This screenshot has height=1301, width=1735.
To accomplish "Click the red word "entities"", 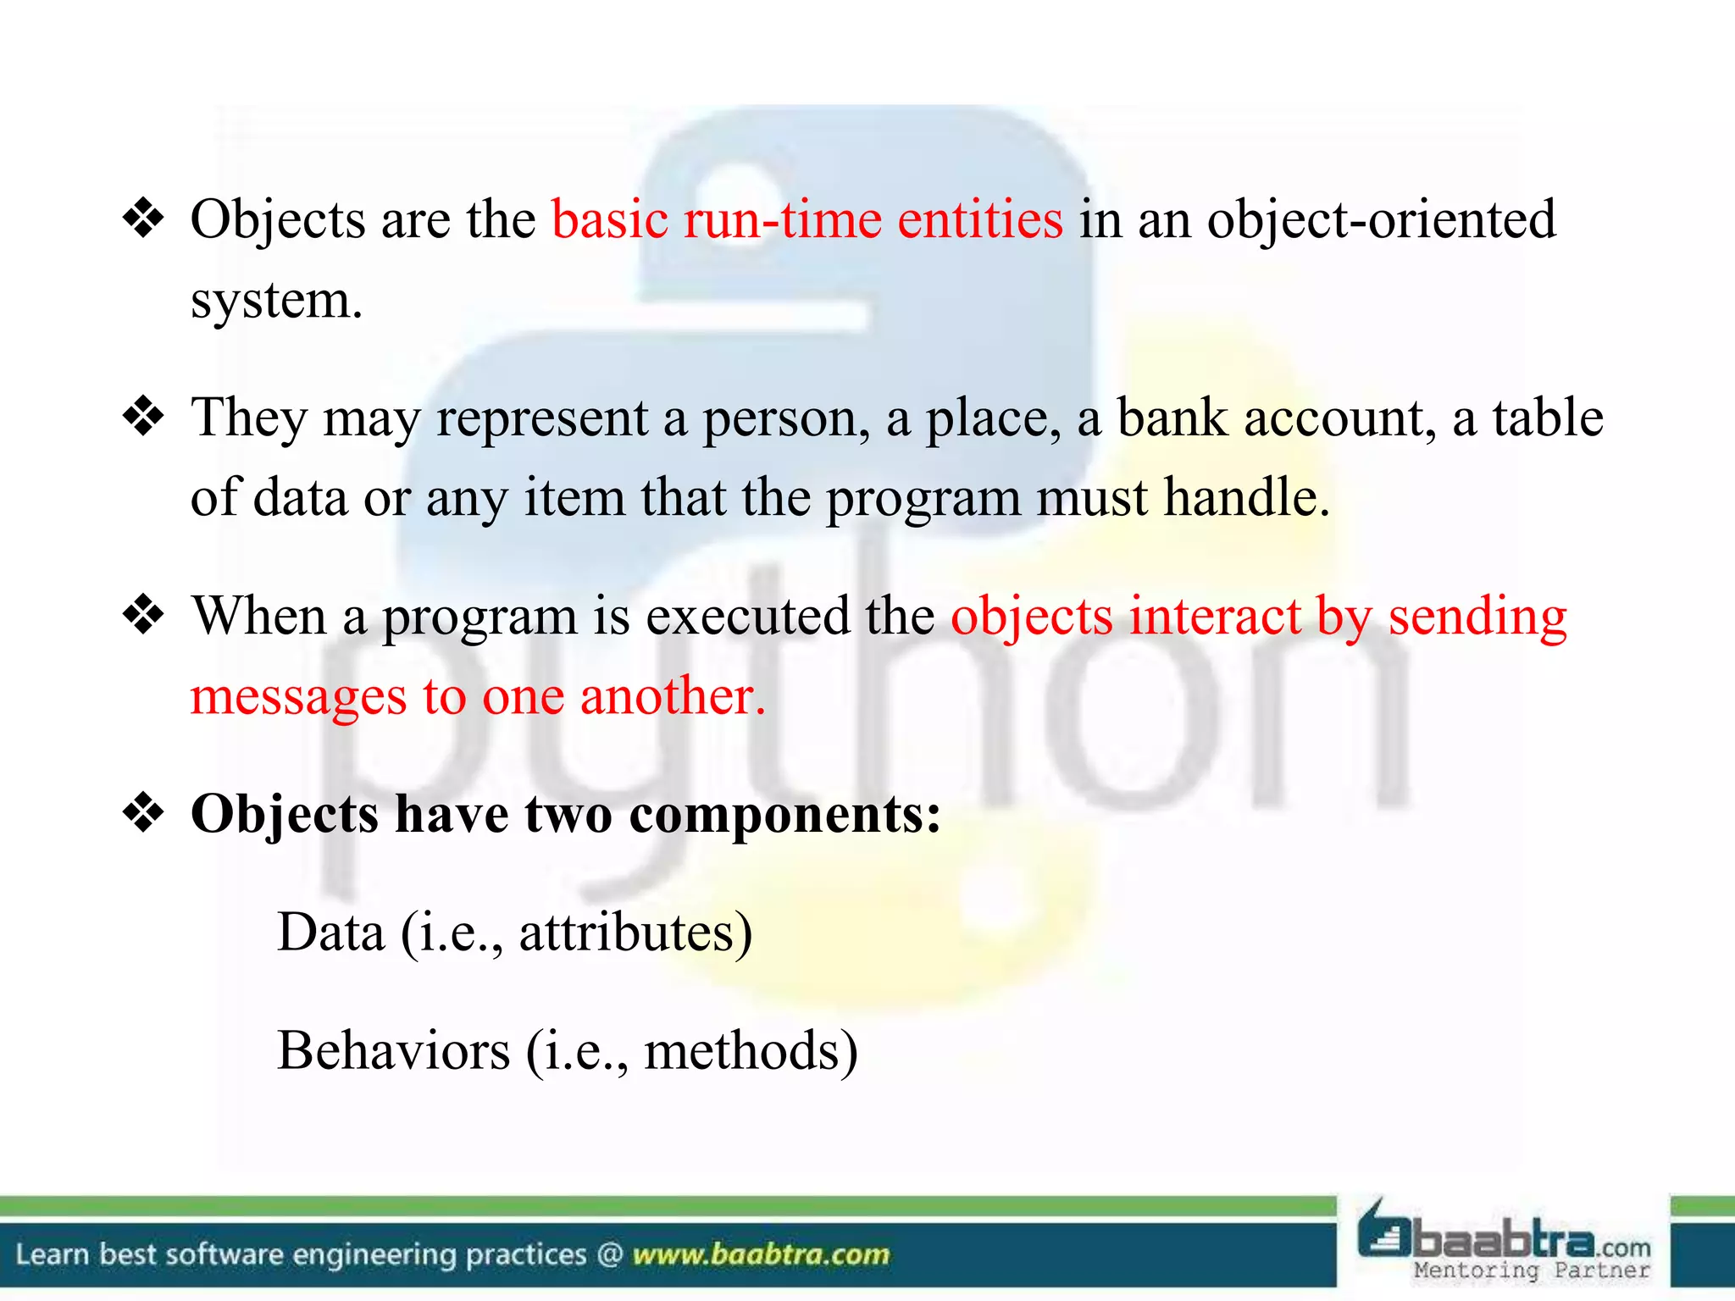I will click(x=979, y=219).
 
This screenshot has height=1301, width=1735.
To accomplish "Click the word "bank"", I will click(x=1172, y=418).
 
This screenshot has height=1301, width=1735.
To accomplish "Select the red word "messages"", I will click(x=298, y=698).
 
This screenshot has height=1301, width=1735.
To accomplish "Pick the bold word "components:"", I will click(x=784, y=815).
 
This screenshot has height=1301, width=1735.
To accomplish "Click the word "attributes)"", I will click(x=635, y=933).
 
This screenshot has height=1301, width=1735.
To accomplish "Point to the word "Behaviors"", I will click(x=394, y=1051).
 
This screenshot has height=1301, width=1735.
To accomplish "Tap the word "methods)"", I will click(x=751, y=1051).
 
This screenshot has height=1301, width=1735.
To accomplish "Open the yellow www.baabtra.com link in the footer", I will click(x=761, y=1254).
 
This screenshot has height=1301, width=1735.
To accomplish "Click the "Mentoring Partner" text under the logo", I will click(x=1532, y=1271).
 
